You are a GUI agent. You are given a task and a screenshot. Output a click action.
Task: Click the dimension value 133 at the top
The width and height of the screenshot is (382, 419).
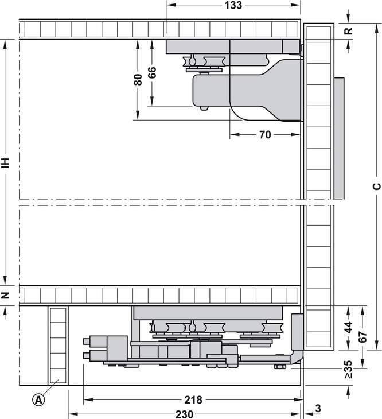click(x=233, y=5)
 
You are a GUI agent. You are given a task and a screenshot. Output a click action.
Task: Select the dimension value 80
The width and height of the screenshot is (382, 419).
click(x=138, y=79)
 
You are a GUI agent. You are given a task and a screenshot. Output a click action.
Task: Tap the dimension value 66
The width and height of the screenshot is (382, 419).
click(x=151, y=72)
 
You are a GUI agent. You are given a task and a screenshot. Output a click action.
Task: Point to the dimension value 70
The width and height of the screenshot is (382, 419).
click(x=265, y=135)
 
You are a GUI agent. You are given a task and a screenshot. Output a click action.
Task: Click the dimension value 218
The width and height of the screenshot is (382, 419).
click(x=193, y=399)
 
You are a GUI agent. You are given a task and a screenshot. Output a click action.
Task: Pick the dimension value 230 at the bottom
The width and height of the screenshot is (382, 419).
click(x=184, y=414)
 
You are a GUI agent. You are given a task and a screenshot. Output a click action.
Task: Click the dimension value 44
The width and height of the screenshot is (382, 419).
click(x=348, y=327)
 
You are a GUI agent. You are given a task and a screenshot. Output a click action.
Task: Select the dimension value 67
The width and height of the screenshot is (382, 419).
click(x=362, y=337)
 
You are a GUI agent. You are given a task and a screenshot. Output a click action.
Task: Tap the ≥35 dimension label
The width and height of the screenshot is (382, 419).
click(x=348, y=370)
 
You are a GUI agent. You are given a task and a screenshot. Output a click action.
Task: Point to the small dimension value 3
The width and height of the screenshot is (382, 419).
click(x=318, y=408)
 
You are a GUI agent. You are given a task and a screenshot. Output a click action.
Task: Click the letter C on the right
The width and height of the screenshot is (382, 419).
click(x=377, y=186)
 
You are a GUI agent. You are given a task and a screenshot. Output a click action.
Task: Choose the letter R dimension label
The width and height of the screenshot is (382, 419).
click(x=348, y=31)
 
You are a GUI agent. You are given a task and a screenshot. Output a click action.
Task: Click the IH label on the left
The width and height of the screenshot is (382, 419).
click(x=6, y=163)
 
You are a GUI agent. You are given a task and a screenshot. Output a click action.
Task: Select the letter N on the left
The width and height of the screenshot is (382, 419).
click(x=5, y=295)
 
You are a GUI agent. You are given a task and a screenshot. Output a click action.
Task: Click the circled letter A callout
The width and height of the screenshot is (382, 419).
click(x=38, y=399)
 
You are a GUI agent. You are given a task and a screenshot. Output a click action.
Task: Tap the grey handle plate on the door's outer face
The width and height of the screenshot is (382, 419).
click(x=339, y=138)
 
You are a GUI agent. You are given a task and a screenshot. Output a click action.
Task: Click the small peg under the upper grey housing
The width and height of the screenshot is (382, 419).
click(x=204, y=108)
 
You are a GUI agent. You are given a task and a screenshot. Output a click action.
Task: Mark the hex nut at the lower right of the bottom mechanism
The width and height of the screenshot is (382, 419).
click(x=279, y=366)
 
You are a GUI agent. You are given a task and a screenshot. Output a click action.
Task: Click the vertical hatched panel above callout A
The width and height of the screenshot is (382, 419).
click(x=58, y=346)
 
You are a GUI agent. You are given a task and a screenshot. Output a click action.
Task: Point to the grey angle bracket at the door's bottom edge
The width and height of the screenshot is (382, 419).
click(x=297, y=338)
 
